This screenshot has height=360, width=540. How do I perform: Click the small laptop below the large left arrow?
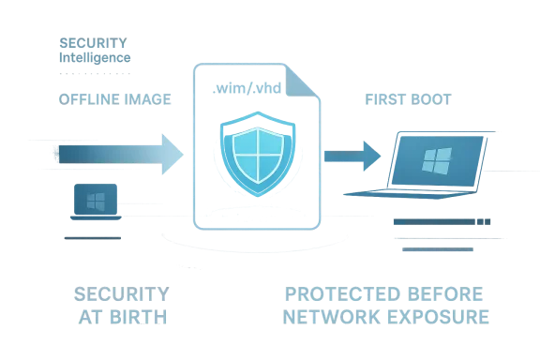(x=94, y=203)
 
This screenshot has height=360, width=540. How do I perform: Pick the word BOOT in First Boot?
(x=431, y=98)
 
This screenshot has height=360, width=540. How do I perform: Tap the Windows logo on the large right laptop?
(x=435, y=162)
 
